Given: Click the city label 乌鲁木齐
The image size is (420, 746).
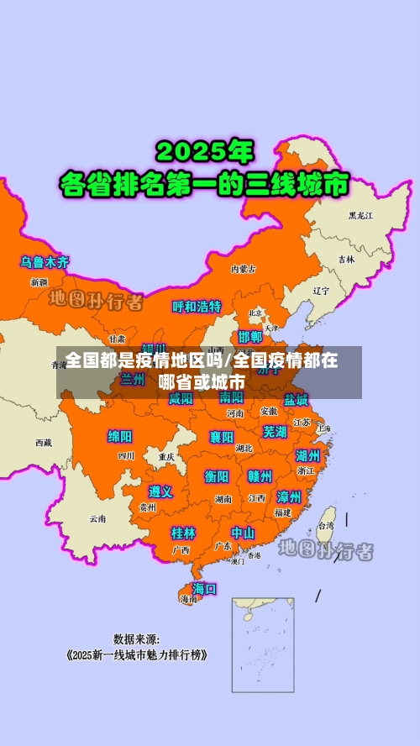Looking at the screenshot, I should pos(45,262).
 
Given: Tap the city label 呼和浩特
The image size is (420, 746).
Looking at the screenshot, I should pos(197,307).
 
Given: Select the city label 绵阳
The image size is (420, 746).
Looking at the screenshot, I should pos(120,436).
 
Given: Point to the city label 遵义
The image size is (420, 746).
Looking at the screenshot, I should pos(160,491).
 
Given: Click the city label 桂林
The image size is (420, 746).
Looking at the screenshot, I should pos(183,533).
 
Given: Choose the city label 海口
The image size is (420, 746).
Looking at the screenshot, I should pos(204,588).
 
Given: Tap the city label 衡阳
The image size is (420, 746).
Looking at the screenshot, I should pos(217,476).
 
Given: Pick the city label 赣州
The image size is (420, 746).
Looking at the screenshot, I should pos(260,476).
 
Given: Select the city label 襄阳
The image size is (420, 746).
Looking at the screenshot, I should pos(222,437).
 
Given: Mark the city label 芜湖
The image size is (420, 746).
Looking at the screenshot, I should pos(275,431).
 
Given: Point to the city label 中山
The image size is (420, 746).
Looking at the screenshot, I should pos(243,533).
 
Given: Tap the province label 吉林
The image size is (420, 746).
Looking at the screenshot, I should pos(346,260).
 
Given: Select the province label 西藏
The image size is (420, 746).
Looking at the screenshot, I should pos(43,442).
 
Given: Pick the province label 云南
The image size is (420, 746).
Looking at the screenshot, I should pos(98,518).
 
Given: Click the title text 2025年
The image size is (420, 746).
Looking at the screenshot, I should pos(204,153).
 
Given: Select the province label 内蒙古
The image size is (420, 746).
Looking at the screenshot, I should pos(244,269).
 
